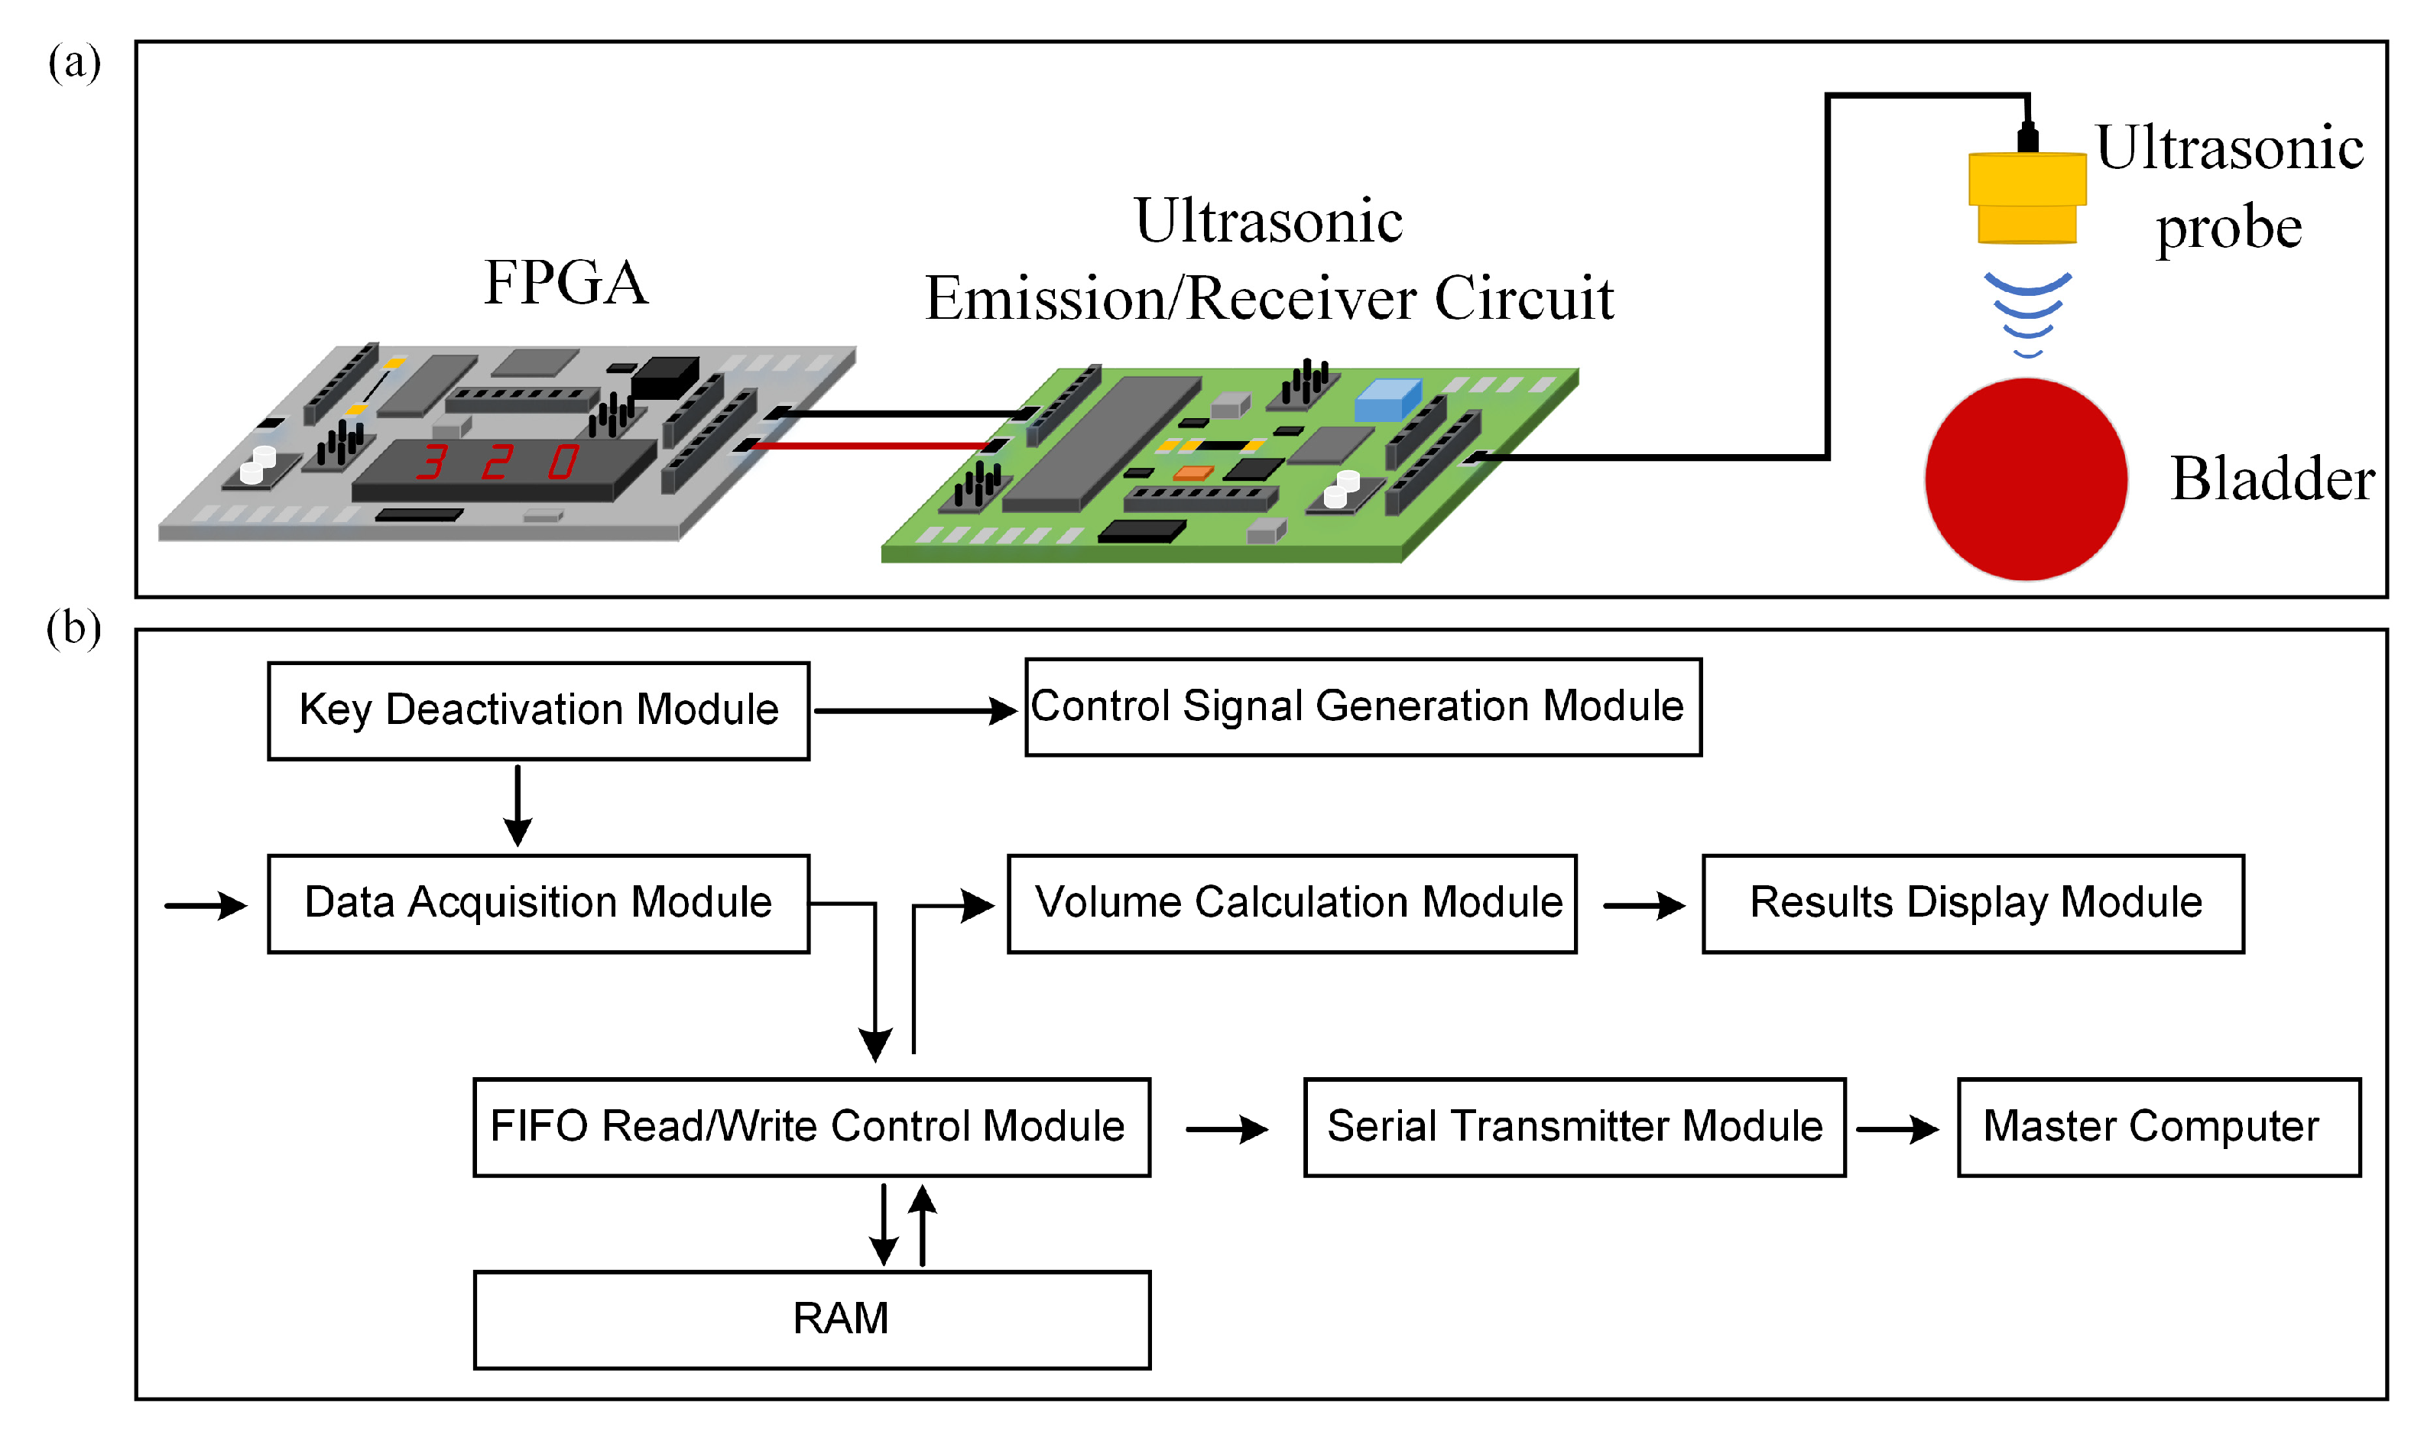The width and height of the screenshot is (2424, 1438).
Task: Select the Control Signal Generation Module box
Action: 1362,706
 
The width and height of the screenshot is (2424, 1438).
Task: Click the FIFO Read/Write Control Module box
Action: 811,1127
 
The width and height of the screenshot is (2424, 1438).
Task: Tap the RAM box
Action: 811,1319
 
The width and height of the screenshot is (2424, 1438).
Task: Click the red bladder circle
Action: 2025,479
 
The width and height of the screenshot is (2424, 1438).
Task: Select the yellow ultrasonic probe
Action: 2026,198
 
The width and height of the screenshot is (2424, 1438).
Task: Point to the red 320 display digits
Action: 497,463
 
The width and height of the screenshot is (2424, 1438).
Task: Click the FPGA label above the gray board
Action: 566,283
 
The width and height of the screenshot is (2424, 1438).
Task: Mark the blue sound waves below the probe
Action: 2026,312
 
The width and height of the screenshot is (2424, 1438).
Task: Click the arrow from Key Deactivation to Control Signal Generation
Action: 914,710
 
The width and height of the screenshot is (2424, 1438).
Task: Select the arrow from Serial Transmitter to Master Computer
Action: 1896,1129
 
